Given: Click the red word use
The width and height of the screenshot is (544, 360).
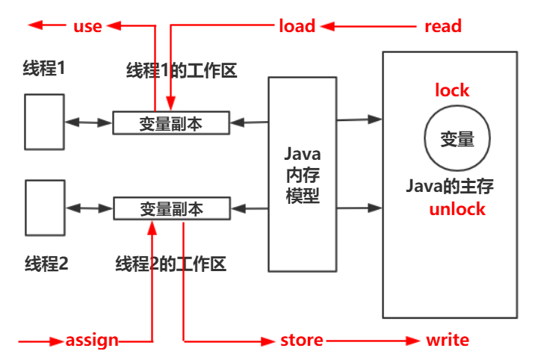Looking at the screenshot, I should point(87,27).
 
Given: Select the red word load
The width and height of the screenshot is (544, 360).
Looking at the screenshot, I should point(297,27).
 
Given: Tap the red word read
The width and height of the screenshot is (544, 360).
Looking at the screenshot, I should point(442,27).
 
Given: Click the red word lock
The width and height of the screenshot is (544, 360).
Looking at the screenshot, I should point(452,90).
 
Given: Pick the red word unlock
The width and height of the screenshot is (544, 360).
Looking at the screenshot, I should point(457,209).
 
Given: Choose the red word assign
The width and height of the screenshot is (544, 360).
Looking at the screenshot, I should point(92,341).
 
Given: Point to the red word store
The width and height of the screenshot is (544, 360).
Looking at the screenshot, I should point(302,341).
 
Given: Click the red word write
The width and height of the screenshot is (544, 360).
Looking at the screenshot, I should point(447,341).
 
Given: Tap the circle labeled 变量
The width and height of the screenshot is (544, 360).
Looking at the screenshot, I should point(457,139).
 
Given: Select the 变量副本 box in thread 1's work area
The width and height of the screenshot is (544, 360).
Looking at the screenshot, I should point(170,122).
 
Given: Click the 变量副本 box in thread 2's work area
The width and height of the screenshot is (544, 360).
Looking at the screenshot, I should point(170,208).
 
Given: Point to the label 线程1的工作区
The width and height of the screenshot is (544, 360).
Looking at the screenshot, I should point(182,72).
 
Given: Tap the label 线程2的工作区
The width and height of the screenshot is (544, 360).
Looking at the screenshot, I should point(170,264).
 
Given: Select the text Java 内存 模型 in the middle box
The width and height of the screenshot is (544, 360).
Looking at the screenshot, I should point(303,174).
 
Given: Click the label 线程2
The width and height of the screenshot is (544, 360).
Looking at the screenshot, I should point(46,264).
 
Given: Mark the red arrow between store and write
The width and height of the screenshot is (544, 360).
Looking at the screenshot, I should point(374,341).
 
